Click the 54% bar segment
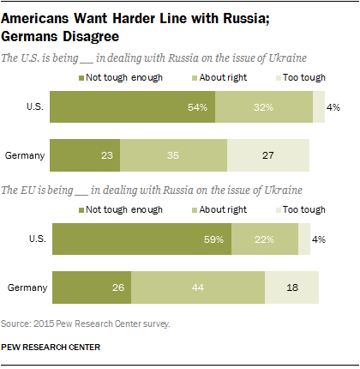tap(132, 107)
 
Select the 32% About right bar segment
tap(264, 107)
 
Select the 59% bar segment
tap(142, 239)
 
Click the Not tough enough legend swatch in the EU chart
tap(82, 209)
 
